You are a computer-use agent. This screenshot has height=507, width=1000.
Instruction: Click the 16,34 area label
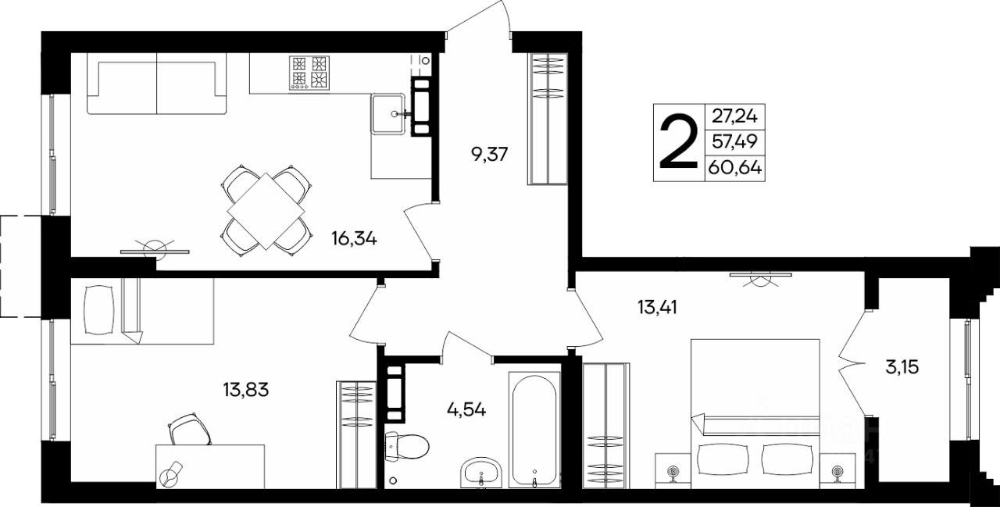pos(354,239)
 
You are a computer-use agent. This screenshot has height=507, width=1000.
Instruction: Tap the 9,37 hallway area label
pos(490,155)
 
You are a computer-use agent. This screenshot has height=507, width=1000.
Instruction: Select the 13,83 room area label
pos(246,390)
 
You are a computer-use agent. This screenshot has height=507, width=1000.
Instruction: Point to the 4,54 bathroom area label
pos(466,409)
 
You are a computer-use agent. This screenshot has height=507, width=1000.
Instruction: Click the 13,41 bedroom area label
pos(657,307)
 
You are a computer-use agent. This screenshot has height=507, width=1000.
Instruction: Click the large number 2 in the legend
pos(679,142)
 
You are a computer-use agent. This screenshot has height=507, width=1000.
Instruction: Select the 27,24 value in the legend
pos(734,116)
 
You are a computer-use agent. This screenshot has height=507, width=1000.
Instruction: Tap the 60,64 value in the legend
pos(735,168)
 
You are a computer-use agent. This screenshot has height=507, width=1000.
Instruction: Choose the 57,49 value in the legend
pos(734,142)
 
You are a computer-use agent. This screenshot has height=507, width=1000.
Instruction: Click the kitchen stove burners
pos(309,73)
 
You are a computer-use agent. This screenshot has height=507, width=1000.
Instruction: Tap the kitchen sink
pos(387,114)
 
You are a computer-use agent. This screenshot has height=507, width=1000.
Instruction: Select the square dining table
pos(266,211)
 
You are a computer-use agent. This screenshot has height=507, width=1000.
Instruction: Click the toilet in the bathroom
pos(406,447)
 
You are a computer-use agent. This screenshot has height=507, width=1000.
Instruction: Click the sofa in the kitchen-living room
pos(157,84)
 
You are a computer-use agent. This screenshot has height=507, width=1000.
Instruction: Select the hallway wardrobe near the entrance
pos(548,119)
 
